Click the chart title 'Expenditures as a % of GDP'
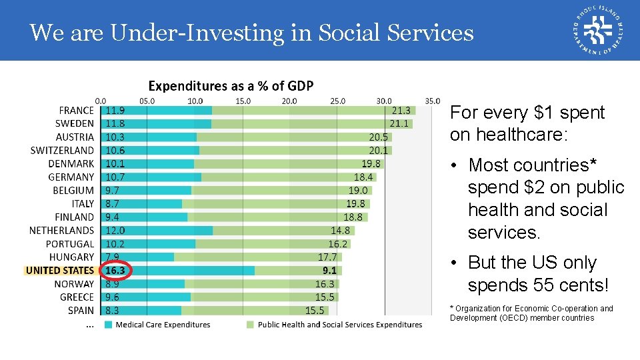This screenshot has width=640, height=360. (x=231, y=86)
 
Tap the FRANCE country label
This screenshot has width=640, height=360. (x=77, y=111)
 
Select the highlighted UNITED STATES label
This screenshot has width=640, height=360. (x=60, y=271)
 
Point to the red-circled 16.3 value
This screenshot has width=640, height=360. (x=115, y=271)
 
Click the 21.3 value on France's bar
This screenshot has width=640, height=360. (x=401, y=111)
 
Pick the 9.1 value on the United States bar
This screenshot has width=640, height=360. (x=329, y=271)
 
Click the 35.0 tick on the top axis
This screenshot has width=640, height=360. (x=432, y=101)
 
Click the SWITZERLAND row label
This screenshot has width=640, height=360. (x=62, y=151)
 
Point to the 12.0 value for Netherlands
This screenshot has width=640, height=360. (x=115, y=231)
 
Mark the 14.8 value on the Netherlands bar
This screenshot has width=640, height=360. (x=340, y=231)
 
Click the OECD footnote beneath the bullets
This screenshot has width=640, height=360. (x=531, y=313)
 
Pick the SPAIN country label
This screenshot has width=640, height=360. (x=81, y=311)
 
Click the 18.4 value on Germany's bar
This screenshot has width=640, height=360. (x=363, y=177)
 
